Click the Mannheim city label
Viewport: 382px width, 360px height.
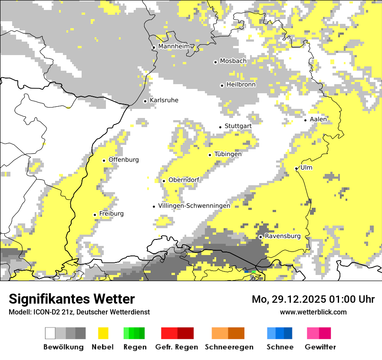click(x=174, y=46)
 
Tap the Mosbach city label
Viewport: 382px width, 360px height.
click(x=233, y=61)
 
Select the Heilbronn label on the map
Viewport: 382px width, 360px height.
click(x=241, y=85)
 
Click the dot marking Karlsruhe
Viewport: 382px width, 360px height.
click(x=145, y=101)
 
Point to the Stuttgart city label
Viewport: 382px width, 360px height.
click(x=238, y=126)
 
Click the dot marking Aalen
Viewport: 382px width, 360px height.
click(x=306, y=120)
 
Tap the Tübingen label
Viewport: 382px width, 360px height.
click(x=228, y=154)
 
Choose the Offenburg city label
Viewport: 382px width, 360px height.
click(x=124, y=160)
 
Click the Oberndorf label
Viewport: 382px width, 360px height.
click(x=184, y=180)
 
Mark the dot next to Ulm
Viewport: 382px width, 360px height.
click(x=296, y=168)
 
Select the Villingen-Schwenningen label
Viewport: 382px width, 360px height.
click(x=194, y=206)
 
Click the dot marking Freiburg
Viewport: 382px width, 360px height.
click(x=95, y=215)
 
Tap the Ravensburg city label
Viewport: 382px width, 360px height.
click(x=283, y=236)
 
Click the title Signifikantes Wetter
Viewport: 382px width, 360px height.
click(x=72, y=299)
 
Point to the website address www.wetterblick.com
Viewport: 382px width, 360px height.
click(x=313, y=312)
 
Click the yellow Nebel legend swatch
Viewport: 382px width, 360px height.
click(x=103, y=333)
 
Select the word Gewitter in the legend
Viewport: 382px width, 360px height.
click(x=320, y=347)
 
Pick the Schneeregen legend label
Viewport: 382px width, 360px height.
click(x=229, y=347)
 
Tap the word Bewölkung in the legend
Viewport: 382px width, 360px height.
click(x=63, y=347)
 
